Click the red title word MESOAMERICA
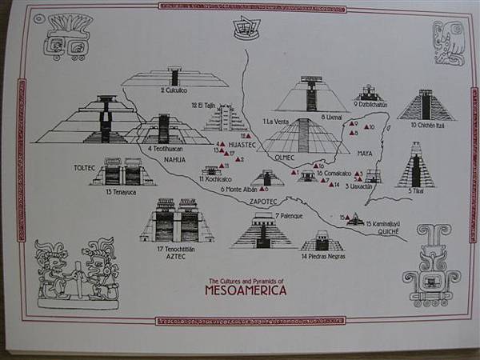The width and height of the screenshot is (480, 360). point(245,290)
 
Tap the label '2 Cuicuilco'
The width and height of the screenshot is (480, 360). point(174,90)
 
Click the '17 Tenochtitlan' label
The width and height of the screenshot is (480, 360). point(177,249)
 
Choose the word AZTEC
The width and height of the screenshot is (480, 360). point(175,258)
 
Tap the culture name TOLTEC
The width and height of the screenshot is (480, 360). point(85,169)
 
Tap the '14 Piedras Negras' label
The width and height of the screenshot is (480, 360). point(322,257)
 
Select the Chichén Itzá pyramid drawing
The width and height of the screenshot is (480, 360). point(426,104)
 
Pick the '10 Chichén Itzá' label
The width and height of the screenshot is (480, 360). point(427,125)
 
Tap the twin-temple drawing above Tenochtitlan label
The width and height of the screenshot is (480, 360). point(177,221)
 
